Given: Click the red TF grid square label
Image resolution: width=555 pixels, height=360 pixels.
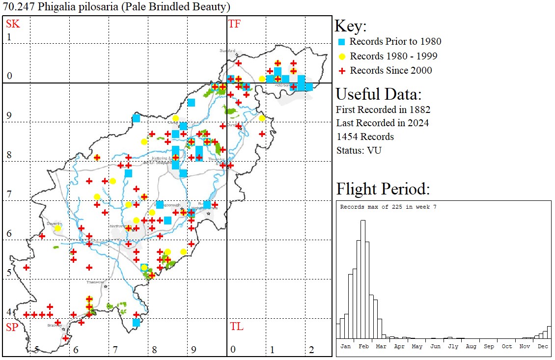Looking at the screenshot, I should pyautogui.click(x=234, y=24).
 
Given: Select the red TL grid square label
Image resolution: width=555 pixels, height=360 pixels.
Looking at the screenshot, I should pyautogui.click(x=236, y=327).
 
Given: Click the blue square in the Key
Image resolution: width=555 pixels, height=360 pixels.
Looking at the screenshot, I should pyautogui.click(x=342, y=42).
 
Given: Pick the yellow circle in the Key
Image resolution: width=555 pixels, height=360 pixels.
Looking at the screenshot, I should pyautogui.click(x=342, y=56).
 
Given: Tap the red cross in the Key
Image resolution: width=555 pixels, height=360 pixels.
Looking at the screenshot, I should pyautogui.click(x=342, y=70).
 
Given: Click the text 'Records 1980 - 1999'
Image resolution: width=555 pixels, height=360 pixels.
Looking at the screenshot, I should pyautogui.click(x=393, y=56).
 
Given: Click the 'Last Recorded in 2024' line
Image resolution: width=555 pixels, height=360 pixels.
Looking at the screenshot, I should pyautogui.click(x=382, y=123).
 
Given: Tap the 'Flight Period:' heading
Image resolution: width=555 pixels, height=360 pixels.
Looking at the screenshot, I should pyautogui.click(x=383, y=189).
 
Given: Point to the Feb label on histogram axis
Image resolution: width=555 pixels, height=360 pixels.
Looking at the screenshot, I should pyautogui.click(x=363, y=346).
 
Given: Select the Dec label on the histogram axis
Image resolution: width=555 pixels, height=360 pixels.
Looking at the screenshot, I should pyautogui.click(x=543, y=346).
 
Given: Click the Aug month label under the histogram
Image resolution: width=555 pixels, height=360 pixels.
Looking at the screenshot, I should pyautogui.click(x=471, y=346).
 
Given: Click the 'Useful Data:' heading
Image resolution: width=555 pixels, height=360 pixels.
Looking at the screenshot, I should pyautogui.click(x=378, y=94).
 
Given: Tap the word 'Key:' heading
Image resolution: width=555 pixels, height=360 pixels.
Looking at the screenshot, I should pyautogui.click(x=351, y=27).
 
